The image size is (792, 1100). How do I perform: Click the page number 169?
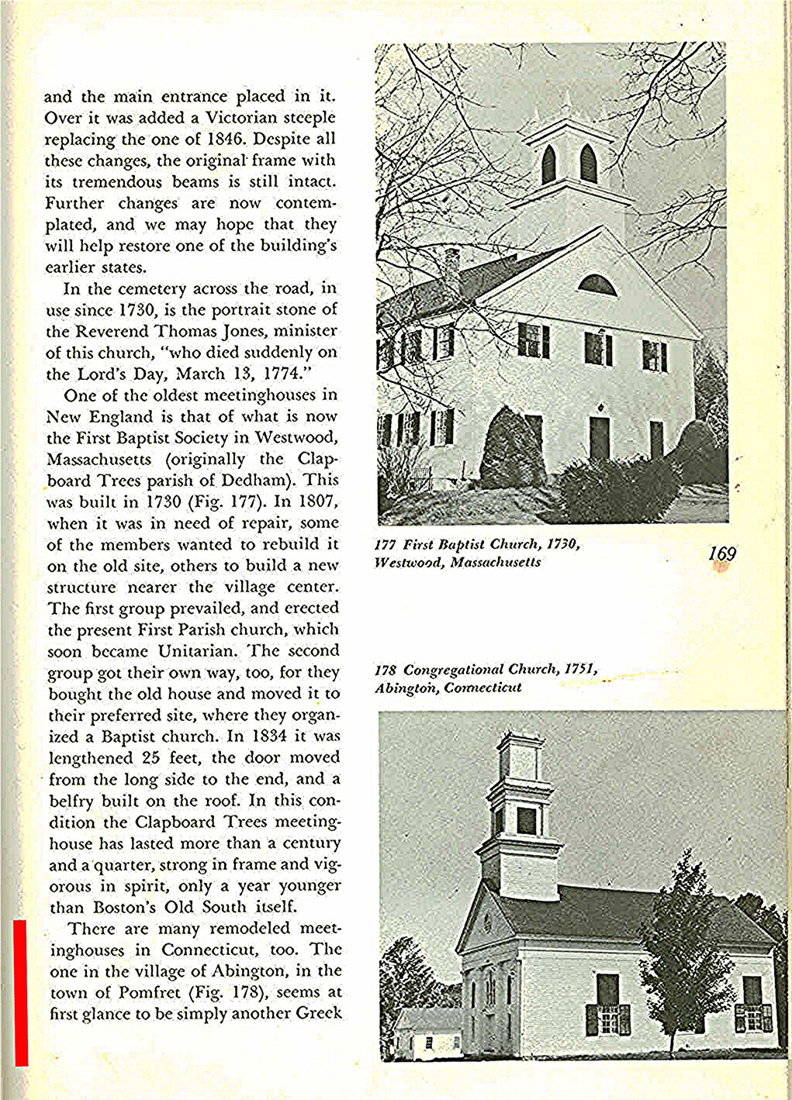click(721, 553)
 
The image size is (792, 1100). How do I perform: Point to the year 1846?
click(228, 140)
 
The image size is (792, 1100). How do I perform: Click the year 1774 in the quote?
click(282, 374)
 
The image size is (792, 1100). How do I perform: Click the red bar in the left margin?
click(21, 992)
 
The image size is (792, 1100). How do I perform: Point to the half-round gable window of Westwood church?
click(597, 285)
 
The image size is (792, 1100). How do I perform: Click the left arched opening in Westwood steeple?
click(548, 165)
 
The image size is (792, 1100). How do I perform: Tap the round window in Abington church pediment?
click(488, 923)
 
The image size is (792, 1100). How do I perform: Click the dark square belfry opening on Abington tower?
click(526, 820)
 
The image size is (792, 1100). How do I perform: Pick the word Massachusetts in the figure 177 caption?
click(495, 562)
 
